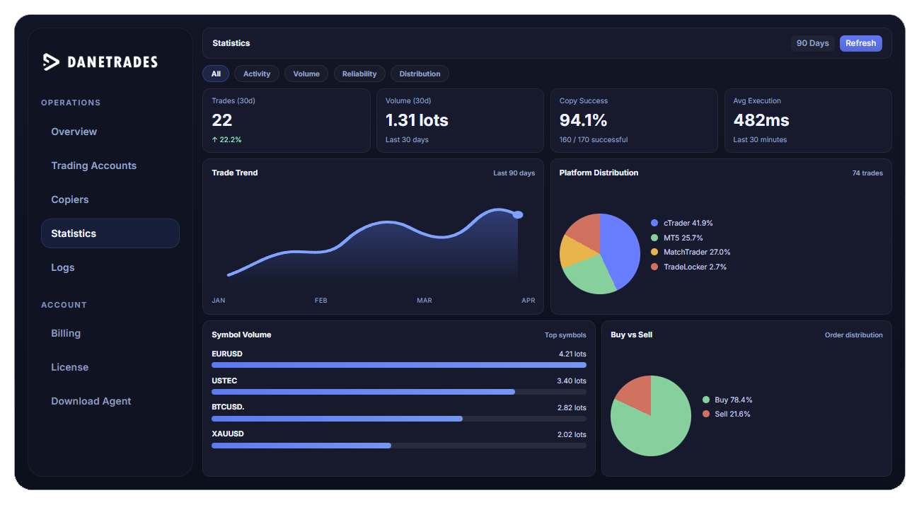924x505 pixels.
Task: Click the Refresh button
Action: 860,43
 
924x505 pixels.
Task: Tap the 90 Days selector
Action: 812,43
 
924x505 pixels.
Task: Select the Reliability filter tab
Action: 359,74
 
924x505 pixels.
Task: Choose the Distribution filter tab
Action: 420,74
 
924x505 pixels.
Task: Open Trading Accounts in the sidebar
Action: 93,166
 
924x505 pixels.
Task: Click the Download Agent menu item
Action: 91,401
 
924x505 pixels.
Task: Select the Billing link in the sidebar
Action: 66,333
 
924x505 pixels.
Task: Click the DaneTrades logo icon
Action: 51,62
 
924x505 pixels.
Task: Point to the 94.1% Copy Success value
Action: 584,120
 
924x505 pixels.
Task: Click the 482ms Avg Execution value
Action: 761,120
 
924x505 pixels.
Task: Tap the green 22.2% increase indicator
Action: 226,140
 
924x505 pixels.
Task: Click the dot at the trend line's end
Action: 518,214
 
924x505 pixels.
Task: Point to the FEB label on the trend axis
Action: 321,301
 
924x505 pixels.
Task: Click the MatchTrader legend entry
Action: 696,252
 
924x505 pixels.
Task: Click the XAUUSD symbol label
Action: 228,434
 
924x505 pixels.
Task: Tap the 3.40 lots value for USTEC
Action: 571,381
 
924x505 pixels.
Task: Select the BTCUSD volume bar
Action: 337,419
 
